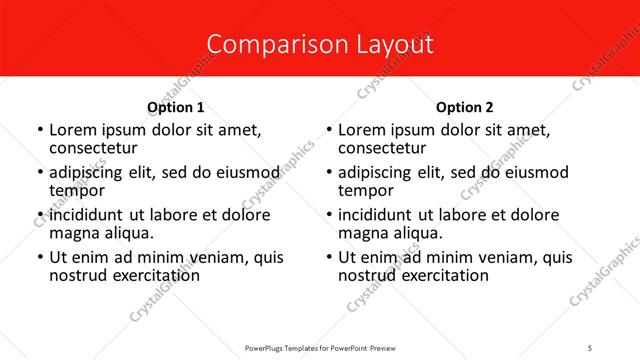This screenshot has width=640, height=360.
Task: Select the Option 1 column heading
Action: point(175,107)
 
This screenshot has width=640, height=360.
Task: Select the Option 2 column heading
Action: point(464,107)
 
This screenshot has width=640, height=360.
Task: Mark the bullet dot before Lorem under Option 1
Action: point(40,131)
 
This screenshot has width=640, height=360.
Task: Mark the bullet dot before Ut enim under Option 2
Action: point(329,258)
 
